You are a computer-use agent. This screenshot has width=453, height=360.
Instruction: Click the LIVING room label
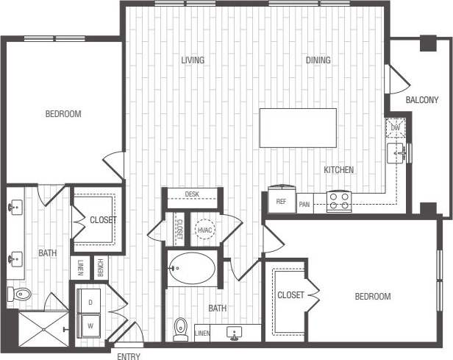coord(193,60)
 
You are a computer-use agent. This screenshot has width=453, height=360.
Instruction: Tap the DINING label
coord(318,60)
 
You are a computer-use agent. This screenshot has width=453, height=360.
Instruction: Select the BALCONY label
coord(421,100)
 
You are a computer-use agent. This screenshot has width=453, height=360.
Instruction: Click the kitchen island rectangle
coord(298,126)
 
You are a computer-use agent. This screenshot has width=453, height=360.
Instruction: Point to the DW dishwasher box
coord(396,128)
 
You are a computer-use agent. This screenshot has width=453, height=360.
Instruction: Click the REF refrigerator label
coord(281,201)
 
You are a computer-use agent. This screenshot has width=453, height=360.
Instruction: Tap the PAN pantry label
coord(304,205)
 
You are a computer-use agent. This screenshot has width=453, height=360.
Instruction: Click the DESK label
coord(192,194)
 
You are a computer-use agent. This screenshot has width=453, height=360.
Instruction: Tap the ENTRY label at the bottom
coord(129,356)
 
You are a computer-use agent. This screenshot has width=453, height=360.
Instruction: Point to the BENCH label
coord(99,266)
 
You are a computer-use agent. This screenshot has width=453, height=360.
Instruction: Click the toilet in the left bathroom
coord(21,295)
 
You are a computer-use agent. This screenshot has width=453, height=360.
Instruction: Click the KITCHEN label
coord(339,170)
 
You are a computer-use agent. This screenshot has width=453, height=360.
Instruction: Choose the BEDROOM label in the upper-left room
coord(63,114)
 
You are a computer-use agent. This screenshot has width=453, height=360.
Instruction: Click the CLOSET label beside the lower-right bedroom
coord(290,295)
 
